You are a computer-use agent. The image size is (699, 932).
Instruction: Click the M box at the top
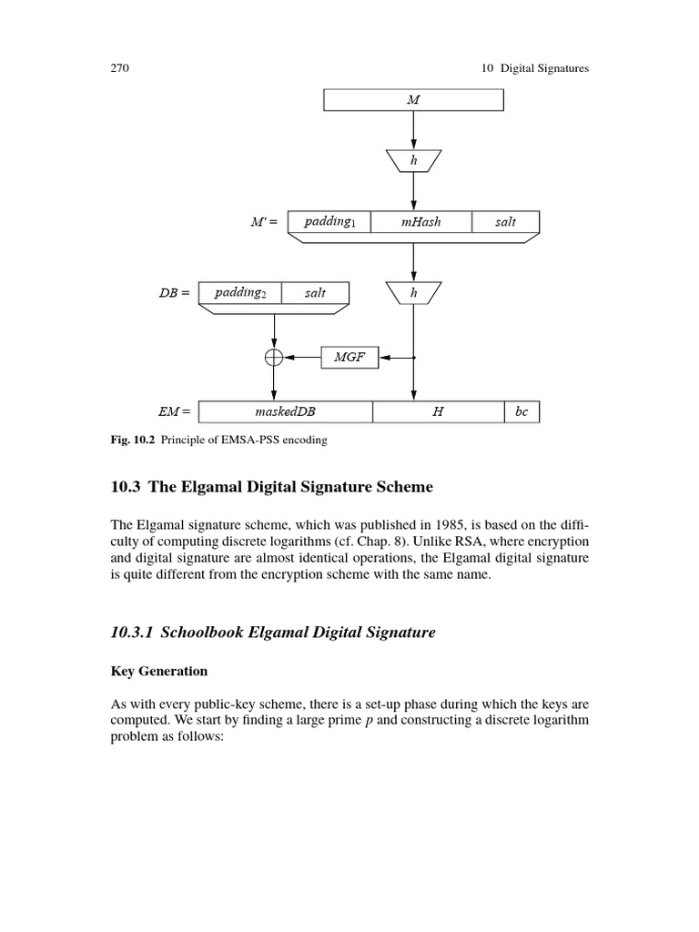413,99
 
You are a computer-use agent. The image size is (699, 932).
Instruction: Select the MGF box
349,358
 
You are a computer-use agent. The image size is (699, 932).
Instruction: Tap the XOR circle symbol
274,358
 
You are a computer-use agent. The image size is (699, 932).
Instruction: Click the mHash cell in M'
420,222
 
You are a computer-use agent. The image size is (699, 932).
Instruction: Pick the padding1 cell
329,222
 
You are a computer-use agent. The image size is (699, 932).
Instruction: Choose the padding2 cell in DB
240,293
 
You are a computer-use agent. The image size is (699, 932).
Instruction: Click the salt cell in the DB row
315,293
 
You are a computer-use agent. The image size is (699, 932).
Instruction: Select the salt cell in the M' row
505,222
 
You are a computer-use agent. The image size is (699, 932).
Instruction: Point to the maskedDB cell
285,411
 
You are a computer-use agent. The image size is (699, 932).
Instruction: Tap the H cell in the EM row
438,411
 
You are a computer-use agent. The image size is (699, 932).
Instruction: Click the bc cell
522,411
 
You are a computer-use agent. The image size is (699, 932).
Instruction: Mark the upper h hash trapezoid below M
413,161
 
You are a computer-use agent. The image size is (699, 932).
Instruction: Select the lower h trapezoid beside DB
413,293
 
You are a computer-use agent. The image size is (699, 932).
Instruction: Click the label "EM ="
175,412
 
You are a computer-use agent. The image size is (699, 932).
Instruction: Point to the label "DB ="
174,293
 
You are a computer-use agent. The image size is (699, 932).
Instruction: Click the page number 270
121,68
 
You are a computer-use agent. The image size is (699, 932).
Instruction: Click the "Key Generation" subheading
159,671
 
